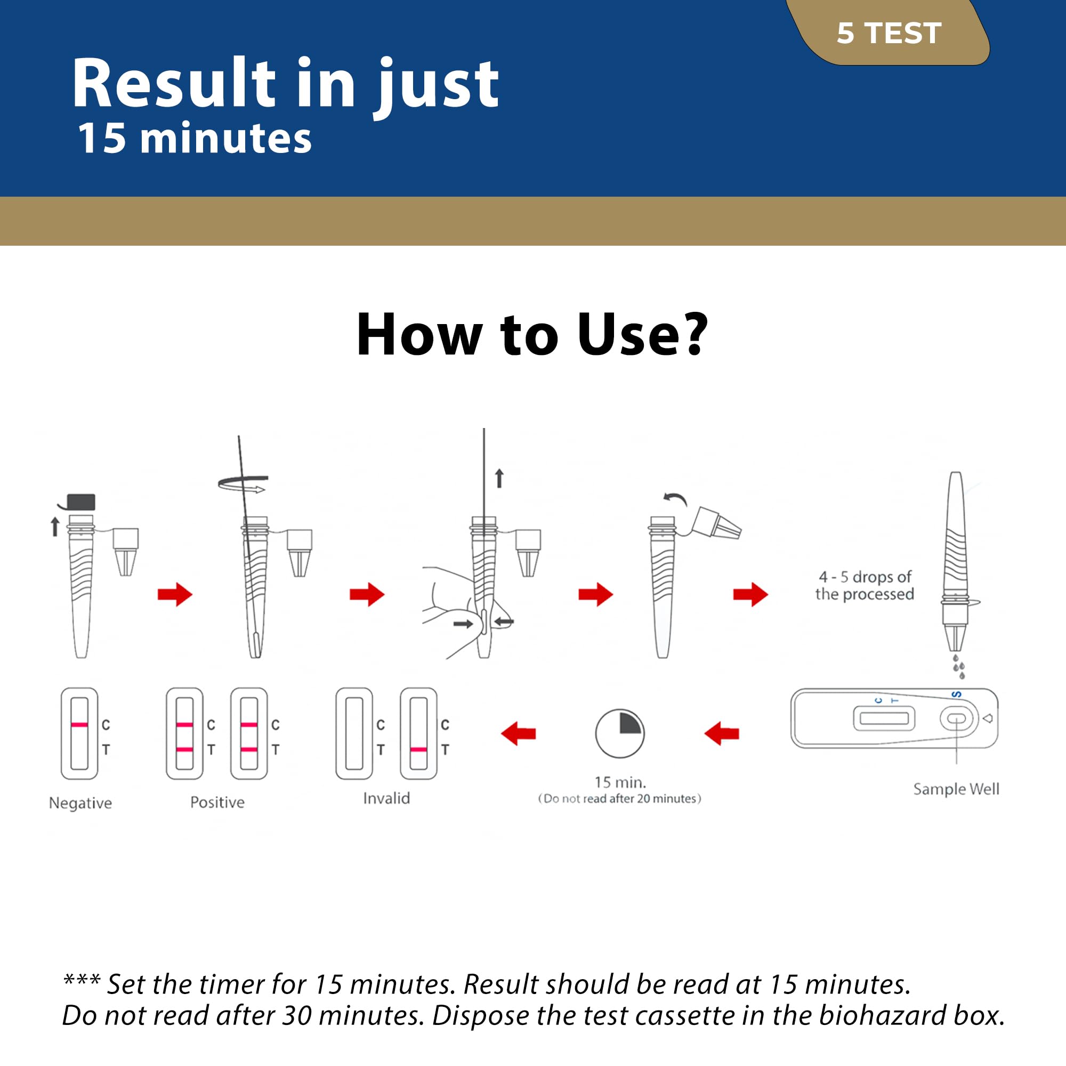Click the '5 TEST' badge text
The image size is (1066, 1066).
click(889, 33)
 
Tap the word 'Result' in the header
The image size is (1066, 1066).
click(173, 83)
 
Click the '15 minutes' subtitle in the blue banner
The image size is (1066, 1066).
click(195, 138)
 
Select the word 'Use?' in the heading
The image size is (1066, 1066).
click(642, 334)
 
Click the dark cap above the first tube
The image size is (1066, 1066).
click(80, 502)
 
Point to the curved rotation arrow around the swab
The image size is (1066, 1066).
click(243, 484)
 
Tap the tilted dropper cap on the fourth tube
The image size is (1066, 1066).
click(716, 523)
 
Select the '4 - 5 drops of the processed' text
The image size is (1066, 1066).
click(865, 585)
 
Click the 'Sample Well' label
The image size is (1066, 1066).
click(956, 789)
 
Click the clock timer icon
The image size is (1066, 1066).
click(620, 733)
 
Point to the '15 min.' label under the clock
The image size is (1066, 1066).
click(620, 782)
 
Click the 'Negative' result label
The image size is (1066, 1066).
click(80, 803)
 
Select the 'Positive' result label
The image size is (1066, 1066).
click(217, 802)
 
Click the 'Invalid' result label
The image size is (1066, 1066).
click(386, 798)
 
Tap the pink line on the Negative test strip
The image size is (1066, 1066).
click(79, 724)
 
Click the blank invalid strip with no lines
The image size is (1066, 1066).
click(354, 733)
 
